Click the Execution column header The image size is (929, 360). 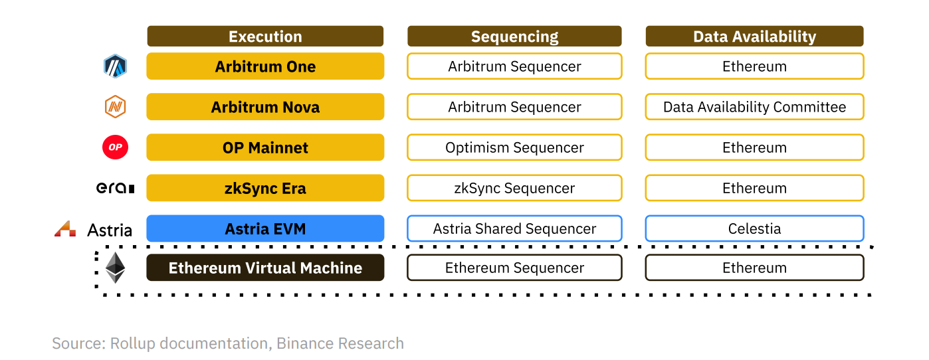coord(265,36)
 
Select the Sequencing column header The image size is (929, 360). coord(514,36)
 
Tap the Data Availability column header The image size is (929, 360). coord(754,36)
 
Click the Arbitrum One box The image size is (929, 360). coord(265,66)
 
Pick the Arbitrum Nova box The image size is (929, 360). coord(265,106)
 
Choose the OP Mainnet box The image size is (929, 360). coord(265,147)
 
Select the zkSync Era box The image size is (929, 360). coord(265,188)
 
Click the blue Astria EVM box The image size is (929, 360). coord(265,228)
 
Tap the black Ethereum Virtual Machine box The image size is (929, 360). coord(265,268)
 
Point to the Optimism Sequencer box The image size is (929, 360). coord(514,147)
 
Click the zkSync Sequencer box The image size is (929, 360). coord(514,188)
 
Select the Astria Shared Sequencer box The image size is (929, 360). coord(514,228)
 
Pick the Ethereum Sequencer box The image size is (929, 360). coord(514,268)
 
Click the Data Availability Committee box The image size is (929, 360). coord(754,106)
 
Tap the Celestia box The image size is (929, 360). coord(754,228)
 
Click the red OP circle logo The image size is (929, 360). coord(116,147)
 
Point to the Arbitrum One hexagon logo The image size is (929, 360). coord(115,66)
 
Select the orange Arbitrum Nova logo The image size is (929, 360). coord(115,106)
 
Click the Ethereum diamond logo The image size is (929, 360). coord(116,268)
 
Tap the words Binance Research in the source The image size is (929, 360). coord(340,343)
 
